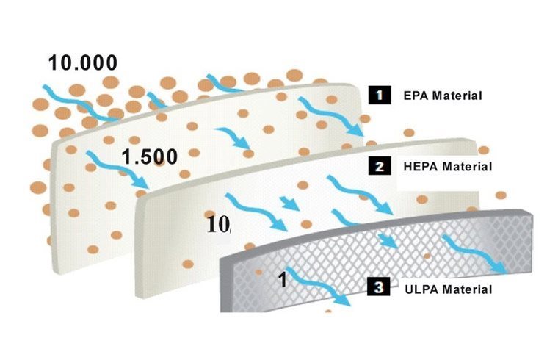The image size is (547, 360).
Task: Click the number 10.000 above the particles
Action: [83, 63]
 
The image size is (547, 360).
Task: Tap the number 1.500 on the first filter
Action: [149, 156]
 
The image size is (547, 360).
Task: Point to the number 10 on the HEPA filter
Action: [219, 225]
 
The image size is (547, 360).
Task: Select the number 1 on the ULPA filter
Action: [283, 279]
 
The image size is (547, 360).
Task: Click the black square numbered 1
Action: [380, 95]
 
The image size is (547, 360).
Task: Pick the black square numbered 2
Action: [380, 166]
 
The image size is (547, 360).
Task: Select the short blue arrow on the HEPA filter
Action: [289, 204]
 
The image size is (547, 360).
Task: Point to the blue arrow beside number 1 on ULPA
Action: [317, 287]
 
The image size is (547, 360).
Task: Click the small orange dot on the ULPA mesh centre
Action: [427, 256]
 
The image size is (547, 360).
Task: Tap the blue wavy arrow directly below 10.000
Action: [81, 103]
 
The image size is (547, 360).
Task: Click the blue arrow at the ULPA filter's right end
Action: [475, 254]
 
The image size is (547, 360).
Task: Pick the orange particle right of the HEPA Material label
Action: [501, 195]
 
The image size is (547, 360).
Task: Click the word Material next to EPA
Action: [457, 96]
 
